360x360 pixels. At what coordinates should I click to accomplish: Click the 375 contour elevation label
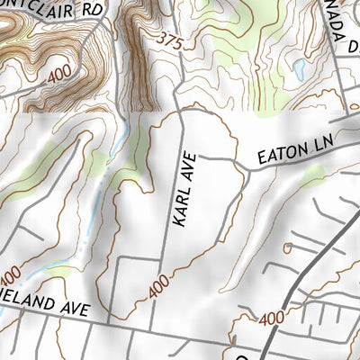click(170, 40)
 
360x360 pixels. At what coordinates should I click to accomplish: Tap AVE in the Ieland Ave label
click(76, 310)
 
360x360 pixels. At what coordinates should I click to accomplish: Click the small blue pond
click(298, 70)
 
